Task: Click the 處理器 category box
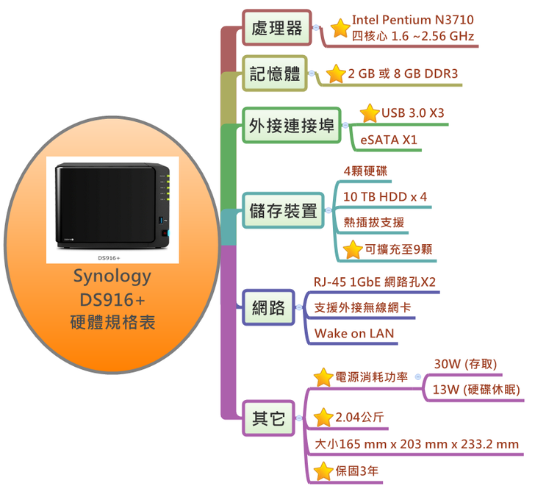(276, 29)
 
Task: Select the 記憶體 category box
(276, 74)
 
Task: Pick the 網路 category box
(268, 308)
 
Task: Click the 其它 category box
(268, 418)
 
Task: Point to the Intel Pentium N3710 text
(412, 20)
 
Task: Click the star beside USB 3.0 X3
(370, 113)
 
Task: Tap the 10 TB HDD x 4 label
(384, 197)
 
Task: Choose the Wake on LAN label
(353, 334)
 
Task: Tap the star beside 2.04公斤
(323, 418)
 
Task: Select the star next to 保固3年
(323, 471)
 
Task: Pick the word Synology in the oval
(112, 276)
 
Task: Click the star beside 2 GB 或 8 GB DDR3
(336, 74)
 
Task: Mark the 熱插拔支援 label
(373, 222)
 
